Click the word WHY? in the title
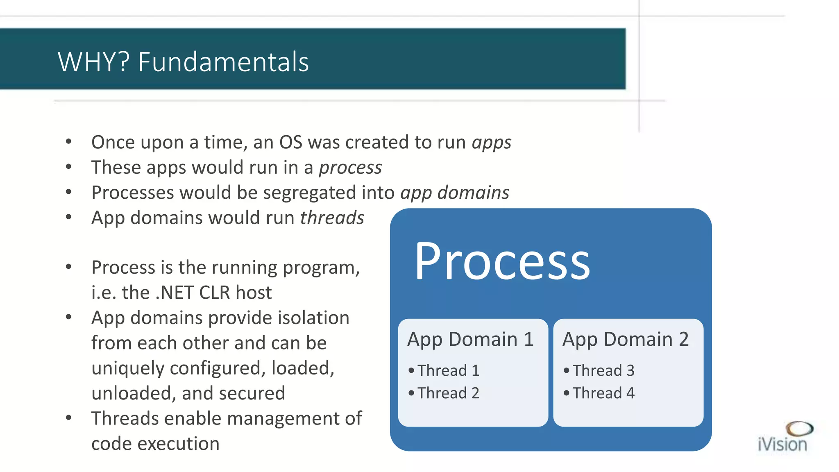click(x=93, y=62)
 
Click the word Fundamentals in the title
click(x=223, y=62)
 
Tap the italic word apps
click(x=491, y=143)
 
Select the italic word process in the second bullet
click(x=350, y=168)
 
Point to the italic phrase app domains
click(x=455, y=193)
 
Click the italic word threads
click(x=332, y=218)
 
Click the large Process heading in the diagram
click(x=502, y=261)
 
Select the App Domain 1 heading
click(x=470, y=339)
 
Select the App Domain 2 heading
click(x=626, y=339)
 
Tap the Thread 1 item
click(x=448, y=370)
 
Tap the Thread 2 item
click(x=448, y=393)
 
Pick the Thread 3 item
click(x=603, y=370)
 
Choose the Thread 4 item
click(x=603, y=393)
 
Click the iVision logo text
click(x=782, y=445)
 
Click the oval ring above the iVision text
click(x=799, y=429)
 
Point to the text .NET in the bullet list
click(x=175, y=293)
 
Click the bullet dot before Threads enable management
click(x=69, y=418)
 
